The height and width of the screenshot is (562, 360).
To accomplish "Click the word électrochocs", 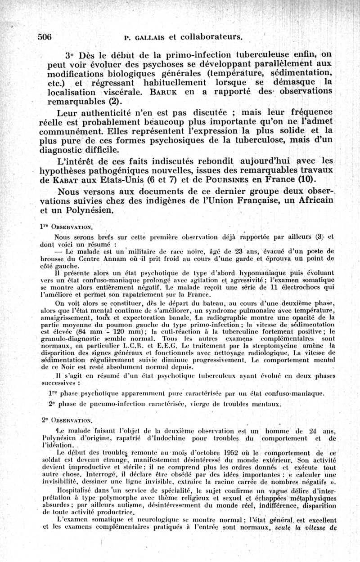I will [303, 287].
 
